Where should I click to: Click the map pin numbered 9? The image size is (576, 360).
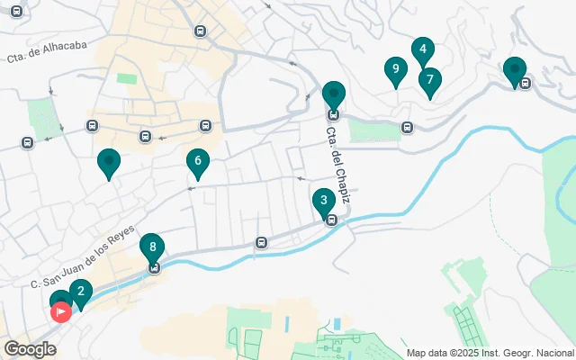(x=394, y=69)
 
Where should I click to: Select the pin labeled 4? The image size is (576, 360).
(x=422, y=50)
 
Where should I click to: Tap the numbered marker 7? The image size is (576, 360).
(x=429, y=81)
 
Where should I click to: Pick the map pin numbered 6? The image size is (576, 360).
(x=197, y=162)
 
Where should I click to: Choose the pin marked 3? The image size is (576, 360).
(x=323, y=202)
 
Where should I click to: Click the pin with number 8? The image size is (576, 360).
(x=153, y=247)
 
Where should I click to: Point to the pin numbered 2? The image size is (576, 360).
(x=80, y=292)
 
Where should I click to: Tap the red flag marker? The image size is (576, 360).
(x=61, y=312)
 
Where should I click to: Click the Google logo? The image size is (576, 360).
(x=30, y=349)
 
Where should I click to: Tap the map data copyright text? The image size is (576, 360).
(x=490, y=353)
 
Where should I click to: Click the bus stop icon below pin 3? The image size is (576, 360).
(x=331, y=220)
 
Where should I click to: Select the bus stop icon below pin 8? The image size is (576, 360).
(x=154, y=267)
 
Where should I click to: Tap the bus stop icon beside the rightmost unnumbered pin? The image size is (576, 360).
(x=525, y=84)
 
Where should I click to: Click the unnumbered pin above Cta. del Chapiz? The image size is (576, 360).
(x=334, y=94)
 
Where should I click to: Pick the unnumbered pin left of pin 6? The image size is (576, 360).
(x=109, y=162)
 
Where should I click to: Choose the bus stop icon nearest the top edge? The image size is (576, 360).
(x=199, y=31)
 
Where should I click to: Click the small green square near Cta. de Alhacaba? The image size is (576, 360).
(x=127, y=78)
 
